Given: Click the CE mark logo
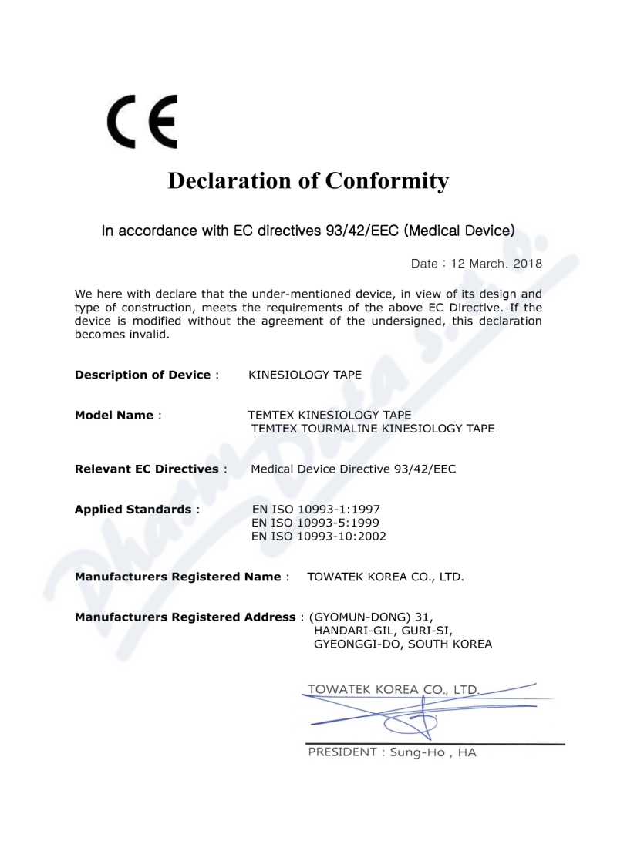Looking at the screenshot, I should [142, 122].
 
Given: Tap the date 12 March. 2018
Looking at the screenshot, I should [497, 263].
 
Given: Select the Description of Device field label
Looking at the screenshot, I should [143, 375].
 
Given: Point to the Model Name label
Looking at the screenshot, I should [114, 415].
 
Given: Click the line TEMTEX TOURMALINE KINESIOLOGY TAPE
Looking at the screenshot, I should [373, 429].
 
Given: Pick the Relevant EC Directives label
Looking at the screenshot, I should [147, 469].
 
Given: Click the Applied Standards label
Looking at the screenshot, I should [133, 509].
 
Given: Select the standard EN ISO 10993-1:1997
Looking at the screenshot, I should [316, 509].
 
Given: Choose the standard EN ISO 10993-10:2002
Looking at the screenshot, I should [319, 537].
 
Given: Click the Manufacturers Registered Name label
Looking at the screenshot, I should [177, 577].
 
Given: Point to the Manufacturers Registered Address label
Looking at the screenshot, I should [185, 617].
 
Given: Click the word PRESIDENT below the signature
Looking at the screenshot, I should [342, 752].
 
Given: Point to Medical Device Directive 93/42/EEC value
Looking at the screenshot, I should [353, 469].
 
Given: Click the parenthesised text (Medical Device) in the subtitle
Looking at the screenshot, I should [460, 230].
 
